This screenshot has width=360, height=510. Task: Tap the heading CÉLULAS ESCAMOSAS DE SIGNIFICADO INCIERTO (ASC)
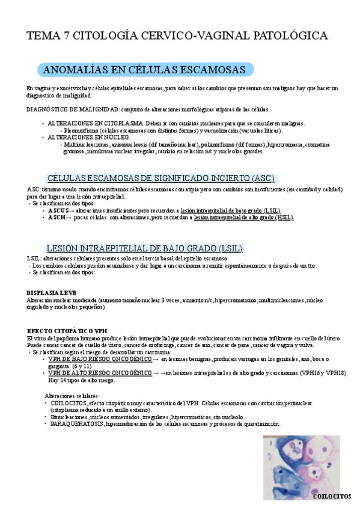160,178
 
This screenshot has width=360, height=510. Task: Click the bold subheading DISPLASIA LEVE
51,292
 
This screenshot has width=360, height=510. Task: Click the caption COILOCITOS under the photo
332,497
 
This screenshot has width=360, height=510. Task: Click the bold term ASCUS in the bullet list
58,210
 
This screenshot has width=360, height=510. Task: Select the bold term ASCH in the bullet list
57,217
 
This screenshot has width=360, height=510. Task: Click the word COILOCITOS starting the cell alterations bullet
67,403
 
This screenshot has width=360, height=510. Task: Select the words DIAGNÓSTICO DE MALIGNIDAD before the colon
73,109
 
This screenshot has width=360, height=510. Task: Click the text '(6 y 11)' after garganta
81,366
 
